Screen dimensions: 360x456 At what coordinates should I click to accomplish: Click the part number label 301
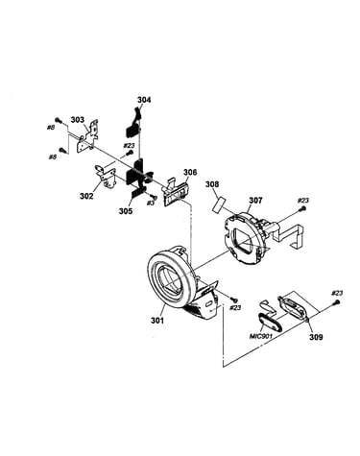tap(157, 320)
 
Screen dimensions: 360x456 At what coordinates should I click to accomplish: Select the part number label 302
tap(86, 196)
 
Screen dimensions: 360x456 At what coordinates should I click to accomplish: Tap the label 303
tap(78, 120)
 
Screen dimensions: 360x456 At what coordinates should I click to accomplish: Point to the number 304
tap(144, 100)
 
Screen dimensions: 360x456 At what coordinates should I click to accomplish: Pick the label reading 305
tap(126, 211)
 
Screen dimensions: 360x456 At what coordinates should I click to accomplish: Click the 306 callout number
tap(190, 173)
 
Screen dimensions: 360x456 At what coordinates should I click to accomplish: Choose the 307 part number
tap(255, 201)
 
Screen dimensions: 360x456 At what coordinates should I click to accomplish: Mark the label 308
tap(212, 184)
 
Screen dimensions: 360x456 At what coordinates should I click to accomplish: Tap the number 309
tap(316, 337)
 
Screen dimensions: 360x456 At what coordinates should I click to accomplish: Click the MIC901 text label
tap(261, 336)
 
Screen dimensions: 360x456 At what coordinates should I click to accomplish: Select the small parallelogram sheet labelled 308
tap(219, 204)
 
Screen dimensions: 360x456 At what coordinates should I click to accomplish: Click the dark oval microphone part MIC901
tap(270, 322)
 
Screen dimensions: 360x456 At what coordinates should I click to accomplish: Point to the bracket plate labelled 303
tap(87, 137)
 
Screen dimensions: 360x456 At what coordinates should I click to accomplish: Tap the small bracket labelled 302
tap(106, 177)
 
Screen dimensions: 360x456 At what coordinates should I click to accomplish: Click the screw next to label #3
tap(153, 196)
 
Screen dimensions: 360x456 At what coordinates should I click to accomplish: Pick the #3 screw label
tap(150, 204)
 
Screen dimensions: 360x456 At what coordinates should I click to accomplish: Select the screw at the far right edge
tap(337, 301)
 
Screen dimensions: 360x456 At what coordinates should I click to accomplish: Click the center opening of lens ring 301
tap(171, 278)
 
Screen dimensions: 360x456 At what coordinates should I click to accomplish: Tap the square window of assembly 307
tap(246, 239)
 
